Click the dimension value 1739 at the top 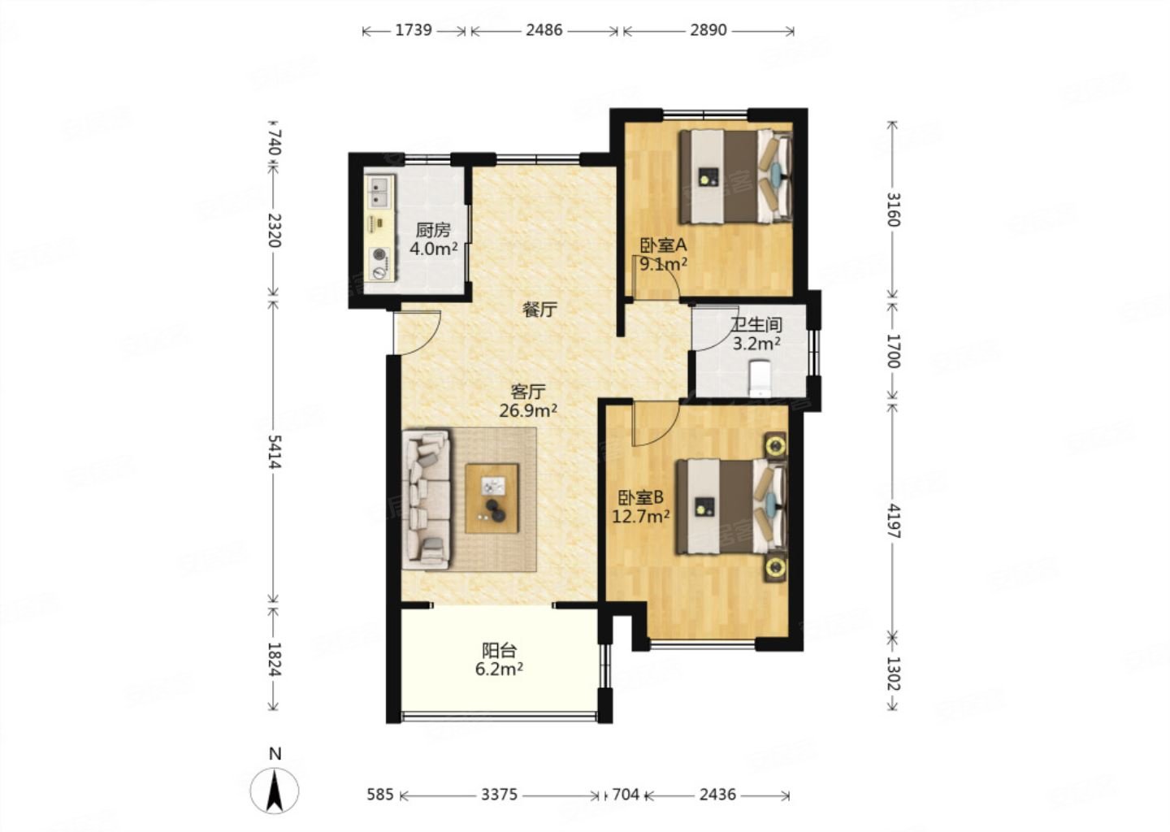[413, 30]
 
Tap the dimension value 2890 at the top [708, 30]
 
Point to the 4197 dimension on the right [893, 521]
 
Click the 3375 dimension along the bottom [500, 795]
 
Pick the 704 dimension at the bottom [626, 795]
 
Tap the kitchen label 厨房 [433, 230]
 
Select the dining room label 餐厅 [540, 310]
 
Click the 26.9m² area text [528, 411]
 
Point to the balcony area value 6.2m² [500, 669]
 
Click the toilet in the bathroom [760, 378]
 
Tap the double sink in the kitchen [379, 192]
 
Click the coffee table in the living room [492, 499]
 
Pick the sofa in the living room [427, 499]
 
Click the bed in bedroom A [735, 177]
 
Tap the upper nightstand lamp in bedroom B [776, 445]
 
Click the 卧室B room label [641, 496]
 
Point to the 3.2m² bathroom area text [757, 344]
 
